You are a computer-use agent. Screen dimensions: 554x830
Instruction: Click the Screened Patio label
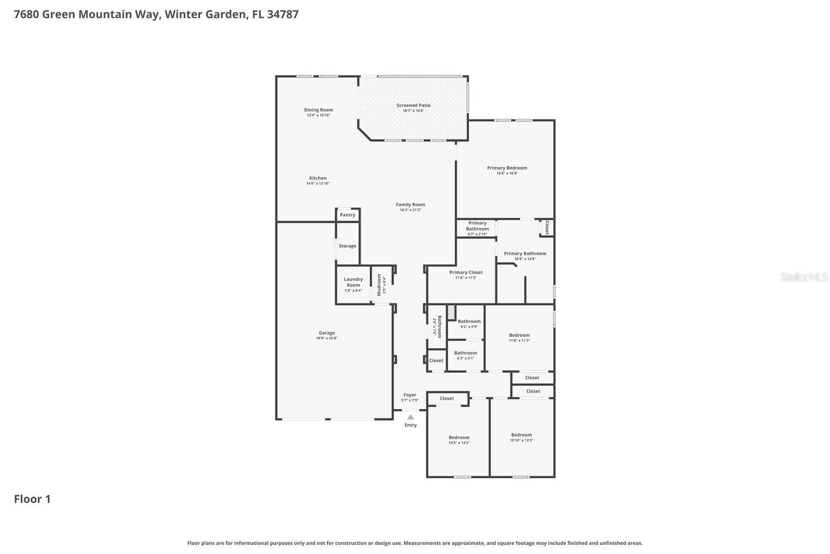pos(413,105)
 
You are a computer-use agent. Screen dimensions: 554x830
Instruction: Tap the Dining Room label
pos(319,110)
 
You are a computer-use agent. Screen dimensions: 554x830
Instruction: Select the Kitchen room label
pos(318,178)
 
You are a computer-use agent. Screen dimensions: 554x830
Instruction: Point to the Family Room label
pos(410,205)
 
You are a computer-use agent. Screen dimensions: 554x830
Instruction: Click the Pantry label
pos(348,215)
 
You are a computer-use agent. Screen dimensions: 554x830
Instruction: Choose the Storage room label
pos(348,246)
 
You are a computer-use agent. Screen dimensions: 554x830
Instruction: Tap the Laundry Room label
pos(353,282)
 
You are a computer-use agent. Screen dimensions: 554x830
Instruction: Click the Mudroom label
pos(379,285)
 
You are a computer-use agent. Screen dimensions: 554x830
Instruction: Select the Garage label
pos(327,333)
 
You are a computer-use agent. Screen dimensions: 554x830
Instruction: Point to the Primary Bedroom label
pos(507,168)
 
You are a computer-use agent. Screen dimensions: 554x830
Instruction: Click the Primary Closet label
pos(466,272)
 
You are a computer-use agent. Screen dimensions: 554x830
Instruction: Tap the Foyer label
pos(410,395)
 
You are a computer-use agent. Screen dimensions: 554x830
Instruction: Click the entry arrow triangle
pos(410,416)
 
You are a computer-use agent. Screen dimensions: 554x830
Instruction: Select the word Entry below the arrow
pos(410,425)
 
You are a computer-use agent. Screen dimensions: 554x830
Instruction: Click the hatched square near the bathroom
pos(451,313)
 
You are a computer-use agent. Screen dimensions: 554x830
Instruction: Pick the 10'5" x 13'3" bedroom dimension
pos(459,443)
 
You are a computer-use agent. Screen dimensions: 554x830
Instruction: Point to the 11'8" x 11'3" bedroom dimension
pos(519,341)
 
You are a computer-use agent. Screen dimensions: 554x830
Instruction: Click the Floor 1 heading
pos(32,499)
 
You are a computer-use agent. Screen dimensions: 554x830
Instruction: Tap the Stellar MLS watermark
pos(804,277)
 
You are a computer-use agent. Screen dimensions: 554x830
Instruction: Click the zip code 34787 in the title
pos(283,14)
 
